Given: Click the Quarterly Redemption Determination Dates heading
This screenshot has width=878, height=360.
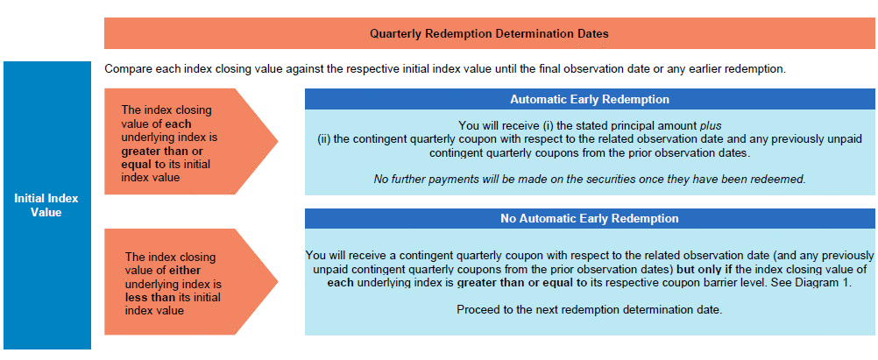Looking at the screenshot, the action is coord(489,33).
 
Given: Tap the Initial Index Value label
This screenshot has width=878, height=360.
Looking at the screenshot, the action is coord(46,206).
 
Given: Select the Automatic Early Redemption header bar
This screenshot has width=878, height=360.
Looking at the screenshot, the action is coord(590,99).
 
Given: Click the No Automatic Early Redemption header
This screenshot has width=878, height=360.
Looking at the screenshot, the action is coord(590,218).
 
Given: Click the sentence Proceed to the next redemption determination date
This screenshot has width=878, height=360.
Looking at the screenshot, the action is coord(590,309).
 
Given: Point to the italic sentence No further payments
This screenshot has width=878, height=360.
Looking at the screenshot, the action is coord(590,180).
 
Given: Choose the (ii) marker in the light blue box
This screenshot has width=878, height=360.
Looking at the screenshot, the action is coord(323,138).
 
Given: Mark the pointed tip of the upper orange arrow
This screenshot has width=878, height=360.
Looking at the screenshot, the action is coord(277,141).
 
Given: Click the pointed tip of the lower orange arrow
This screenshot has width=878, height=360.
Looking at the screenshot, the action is coord(277,282).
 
